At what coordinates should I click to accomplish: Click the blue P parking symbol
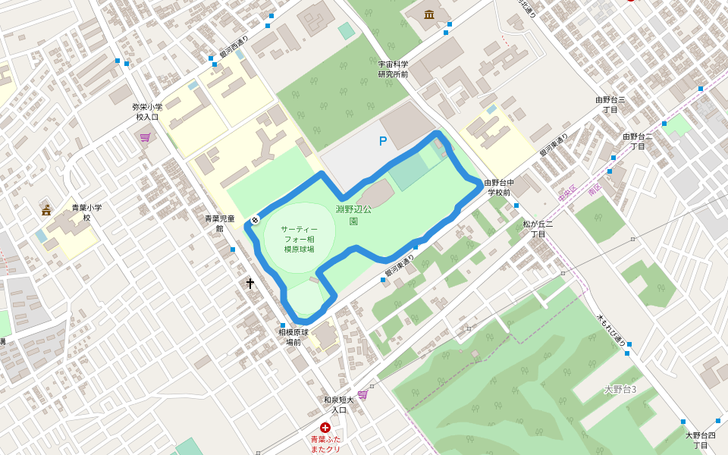pyautogui.click(x=383, y=141)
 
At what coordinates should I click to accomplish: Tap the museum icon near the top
pyautogui.click(x=430, y=14)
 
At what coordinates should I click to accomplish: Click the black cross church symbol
pyautogui.click(x=250, y=283)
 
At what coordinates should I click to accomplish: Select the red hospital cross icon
pyautogui.click(x=325, y=428)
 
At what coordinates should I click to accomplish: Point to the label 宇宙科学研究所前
pyautogui.click(x=394, y=69)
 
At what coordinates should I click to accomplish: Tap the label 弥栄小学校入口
pyautogui.click(x=147, y=111)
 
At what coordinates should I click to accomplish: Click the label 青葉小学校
pyautogui.click(x=86, y=212)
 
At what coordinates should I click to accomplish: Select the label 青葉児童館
pyautogui.click(x=220, y=223)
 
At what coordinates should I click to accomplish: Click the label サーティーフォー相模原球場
pyautogui.click(x=299, y=239)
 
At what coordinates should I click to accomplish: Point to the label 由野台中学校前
pyautogui.click(x=500, y=187)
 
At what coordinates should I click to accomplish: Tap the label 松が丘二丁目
pyautogui.click(x=538, y=229)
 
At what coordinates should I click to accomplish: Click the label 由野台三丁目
pyautogui.click(x=610, y=105)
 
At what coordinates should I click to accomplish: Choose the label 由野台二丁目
pyautogui.click(x=638, y=141)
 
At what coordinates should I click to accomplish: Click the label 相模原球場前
pyautogui.click(x=293, y=337)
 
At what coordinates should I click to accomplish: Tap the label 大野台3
pyautogui.click(x=620, y=389)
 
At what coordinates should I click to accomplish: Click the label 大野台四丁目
pyautogui.click(x=701, y=440)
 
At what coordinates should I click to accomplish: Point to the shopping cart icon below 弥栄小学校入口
pyautogui.click(x=145, y=137)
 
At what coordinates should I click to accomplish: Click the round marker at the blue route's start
pyautogui.click(x=256, y=221)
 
